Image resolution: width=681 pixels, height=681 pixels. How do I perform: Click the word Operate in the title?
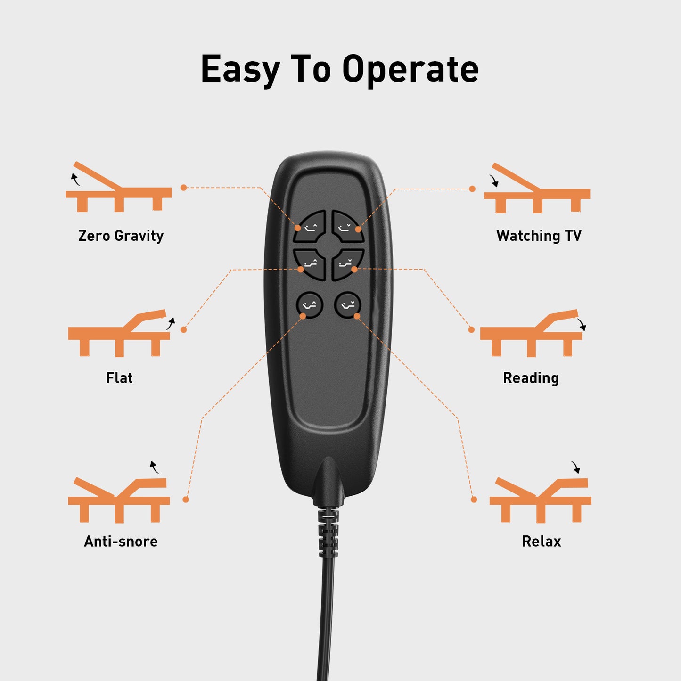pyautogui.click(x=410, y=70)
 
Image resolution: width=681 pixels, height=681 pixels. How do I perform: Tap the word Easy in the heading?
pyautogui.click(x=240, y=70)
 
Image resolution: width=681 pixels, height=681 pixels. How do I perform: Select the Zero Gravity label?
pyautogui.click(x=121, y=236)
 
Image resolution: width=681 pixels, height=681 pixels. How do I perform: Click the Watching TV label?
pyautogui.click(x=539, y=236)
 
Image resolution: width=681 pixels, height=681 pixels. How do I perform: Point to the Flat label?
pyautogui.click(x=119, y=378)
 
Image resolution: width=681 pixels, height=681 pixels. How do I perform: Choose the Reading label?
pyautogui.click(x=531, y=378)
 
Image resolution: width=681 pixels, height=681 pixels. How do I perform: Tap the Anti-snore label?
pyautogui.click(x=121, y=542)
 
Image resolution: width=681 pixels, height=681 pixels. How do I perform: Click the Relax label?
pyautogui.click(x=542, y=542)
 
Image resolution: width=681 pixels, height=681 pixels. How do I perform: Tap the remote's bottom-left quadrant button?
pyautogui.click(x=311, y=264)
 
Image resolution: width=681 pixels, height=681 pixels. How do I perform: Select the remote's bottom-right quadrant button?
pyautogui.click(x=347, y=264)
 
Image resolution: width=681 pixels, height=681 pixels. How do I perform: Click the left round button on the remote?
pyautogui.click(x=310, y=305)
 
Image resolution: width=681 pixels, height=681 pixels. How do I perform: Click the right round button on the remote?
pyautogui.click(x=348, y=305)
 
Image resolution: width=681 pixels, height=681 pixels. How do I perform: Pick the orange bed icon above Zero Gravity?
pyautogui.click(x=119, y=187)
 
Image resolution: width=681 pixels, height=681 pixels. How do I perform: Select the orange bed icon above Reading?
pyautogui.click(x=531, y=333)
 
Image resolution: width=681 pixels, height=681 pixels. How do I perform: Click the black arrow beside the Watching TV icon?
pyautogui.click(x=494, y=181)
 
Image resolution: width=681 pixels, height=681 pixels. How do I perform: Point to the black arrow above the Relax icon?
pyautogui.click(x=576, y=467)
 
